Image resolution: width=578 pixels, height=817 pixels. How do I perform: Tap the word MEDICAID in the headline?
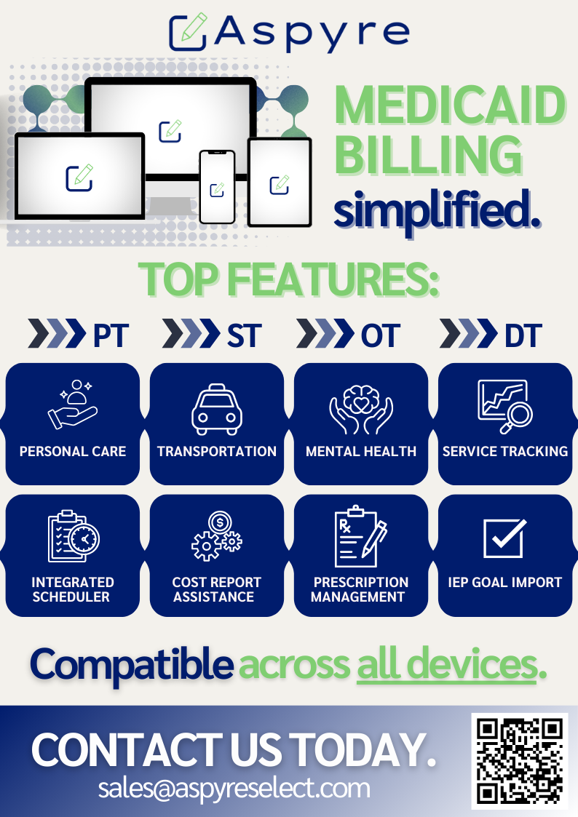click(x=450, y=105)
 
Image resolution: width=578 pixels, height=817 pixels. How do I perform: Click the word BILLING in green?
click(x=429, y=155)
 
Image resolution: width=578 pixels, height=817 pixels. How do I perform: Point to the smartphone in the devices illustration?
click(x=218, y=186)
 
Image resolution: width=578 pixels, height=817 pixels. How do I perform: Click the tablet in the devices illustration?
click(x=280, y=183)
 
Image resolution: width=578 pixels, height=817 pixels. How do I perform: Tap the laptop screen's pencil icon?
click(x=79, y=178)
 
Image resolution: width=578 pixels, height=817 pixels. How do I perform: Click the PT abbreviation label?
click(x=111, y=335)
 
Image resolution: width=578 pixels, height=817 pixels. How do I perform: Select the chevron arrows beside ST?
click(x=191, y=333)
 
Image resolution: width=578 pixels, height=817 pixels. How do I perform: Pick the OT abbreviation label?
click(x=381, y=335)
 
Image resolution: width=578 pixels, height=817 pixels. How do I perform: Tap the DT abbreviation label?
click(x=523, y=335)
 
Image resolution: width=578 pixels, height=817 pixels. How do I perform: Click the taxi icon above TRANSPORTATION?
click(x=217, y=410)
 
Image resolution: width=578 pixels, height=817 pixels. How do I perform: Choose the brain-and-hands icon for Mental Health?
click(x=361, y=410)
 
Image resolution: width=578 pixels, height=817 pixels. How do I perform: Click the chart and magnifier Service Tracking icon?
click(x=505, y=407)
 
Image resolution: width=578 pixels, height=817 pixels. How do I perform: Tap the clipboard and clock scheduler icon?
click(x=74, y=536)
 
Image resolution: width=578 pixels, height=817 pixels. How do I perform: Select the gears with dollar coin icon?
click(x=217, y=535)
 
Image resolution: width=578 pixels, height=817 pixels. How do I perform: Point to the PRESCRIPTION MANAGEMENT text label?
click(x=359, y=589)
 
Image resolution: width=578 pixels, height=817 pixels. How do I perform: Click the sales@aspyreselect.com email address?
click(x=234, y=789)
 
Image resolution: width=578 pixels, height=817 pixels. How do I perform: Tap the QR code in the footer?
click(x=520, y=761)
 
